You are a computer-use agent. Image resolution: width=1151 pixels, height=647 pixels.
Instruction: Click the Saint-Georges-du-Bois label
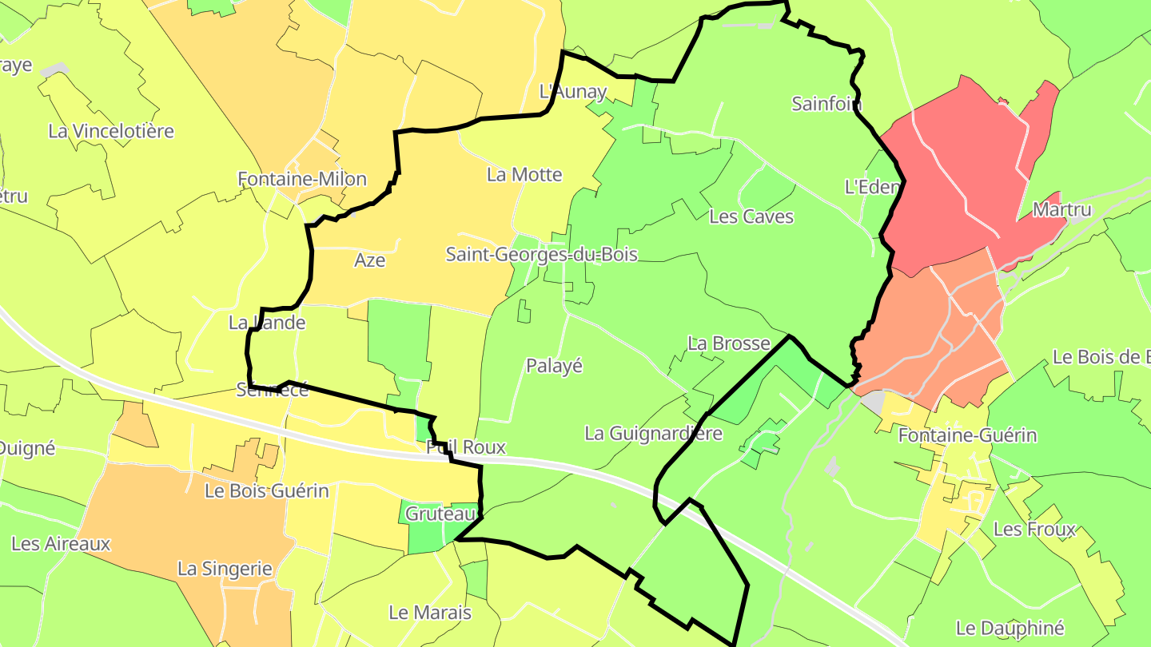pyautogui.click(x=541, y=255)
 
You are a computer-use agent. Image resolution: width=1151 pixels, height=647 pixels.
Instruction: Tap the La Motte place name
pyautogui.click(x=524, y=175)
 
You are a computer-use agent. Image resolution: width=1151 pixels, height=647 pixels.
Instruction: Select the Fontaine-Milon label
pyautogui.click(x=302, y=180)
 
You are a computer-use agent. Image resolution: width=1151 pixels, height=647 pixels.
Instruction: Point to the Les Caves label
pyautogui.click(x=751, y=216)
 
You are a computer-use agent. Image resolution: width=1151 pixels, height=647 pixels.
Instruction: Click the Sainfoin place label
pyautogui.click(x=826, y=104)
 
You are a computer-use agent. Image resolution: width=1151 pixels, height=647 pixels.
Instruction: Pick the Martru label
pyautogui.click(x=1061, y=210)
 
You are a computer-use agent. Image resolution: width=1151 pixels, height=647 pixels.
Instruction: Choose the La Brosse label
pyautogui.click(x=728, y=343)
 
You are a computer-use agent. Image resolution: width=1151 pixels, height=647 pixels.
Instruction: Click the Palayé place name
pyautogui.click(x=554, y=366)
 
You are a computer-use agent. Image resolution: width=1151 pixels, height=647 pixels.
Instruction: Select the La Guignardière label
pyautogui.click(x=653, y=434)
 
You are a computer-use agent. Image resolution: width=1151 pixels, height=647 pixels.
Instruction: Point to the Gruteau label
pyautogui.click(x=441, y=514)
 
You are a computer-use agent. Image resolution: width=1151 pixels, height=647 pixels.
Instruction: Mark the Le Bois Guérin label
pyautogui.click(x=267, y=490)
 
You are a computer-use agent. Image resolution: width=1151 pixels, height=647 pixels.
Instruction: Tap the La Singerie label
pyautogui.click(x=225, y=570)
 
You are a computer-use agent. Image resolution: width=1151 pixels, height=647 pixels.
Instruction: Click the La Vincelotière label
pyautogui.click(x=111, y=131)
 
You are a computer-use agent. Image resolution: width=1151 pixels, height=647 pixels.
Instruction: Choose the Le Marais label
pyautogui.click(x=429, y=613)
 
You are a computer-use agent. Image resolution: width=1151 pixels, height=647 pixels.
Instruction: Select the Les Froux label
pyautogui.click(x=1034, y=530)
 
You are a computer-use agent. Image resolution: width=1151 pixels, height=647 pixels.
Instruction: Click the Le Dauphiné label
pyautogui.click(x=1010, y=628)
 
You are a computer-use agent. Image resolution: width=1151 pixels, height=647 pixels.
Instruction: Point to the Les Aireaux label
pyautogui.click(x=61, y=544)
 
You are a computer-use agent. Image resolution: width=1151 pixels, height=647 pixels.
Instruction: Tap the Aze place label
pyautogui.click(x=369, y=260)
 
